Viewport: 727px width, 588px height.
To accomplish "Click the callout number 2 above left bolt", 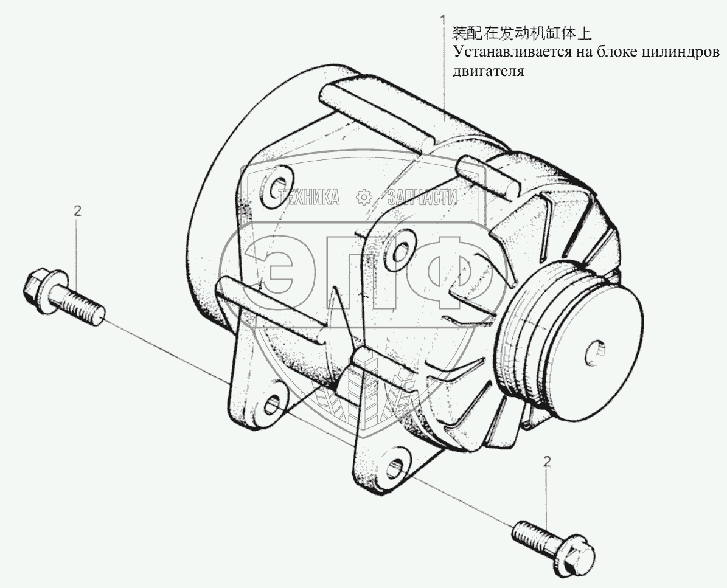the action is pyautogui.click(x=77, y=211).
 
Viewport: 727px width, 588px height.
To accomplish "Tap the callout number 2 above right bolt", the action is pyautogui.click(x=547, y=462).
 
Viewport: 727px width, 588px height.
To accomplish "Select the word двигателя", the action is pyautogui.click(x=487, y=71).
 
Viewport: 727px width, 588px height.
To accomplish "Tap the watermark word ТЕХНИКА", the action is pyautogui.click(x=309, y=196).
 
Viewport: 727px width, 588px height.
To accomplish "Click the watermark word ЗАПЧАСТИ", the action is pyautogui.click(x=422, y=196).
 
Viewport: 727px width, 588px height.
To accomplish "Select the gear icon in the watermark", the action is pyautogui.click(x=363, y=196).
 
